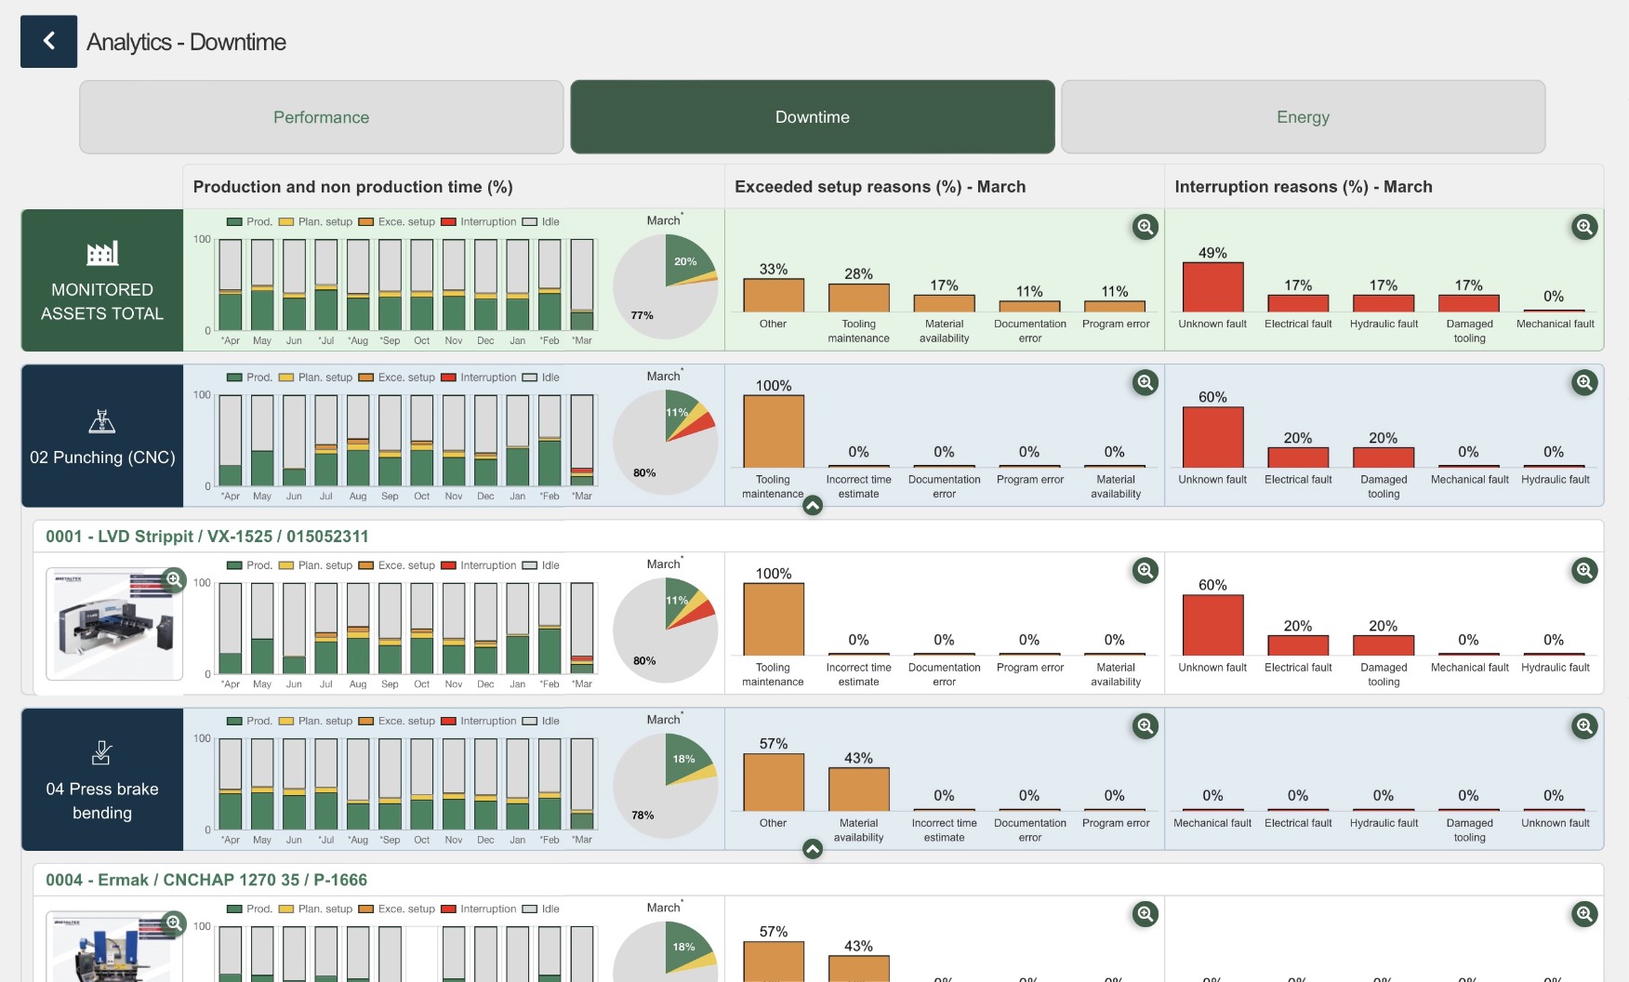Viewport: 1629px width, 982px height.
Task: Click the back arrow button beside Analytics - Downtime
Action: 48,41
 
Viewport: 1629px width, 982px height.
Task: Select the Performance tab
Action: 321,117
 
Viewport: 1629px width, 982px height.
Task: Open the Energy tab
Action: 1303,117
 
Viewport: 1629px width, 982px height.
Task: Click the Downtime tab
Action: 812,117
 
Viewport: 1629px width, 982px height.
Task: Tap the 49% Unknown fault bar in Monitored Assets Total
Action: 1212,287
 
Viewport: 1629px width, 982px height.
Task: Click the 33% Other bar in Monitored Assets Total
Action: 773,296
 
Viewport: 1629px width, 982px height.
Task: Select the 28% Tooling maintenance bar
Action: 858,298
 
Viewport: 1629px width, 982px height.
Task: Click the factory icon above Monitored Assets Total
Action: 102,253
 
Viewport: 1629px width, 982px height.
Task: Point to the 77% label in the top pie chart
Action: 642,315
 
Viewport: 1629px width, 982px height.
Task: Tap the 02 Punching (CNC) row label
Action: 102,458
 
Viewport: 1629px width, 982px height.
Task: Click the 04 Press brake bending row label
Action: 102,801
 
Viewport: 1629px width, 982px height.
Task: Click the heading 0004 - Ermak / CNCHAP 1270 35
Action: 206,880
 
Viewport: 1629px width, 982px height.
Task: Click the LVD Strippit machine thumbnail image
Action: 113,624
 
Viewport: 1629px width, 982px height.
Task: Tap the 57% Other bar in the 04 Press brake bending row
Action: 773,782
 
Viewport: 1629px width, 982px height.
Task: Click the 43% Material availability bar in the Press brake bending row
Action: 858,790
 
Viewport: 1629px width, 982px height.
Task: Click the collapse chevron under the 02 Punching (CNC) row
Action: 813,506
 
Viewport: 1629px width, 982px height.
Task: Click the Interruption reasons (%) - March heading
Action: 1303,187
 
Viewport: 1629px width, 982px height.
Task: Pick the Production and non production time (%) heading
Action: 352,187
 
